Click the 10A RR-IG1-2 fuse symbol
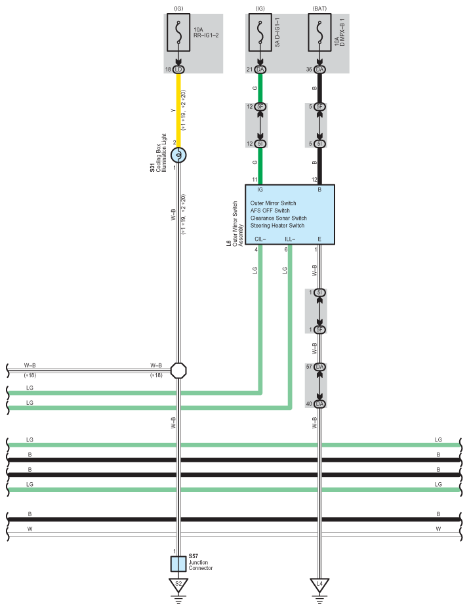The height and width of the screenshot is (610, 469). tap(178, 33)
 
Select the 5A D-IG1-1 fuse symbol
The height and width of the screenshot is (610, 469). tap(260, 33)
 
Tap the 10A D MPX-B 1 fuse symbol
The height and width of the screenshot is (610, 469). tap(319, 33)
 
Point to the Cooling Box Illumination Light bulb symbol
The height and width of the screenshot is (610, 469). tap(179, 155)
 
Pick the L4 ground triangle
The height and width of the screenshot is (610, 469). tap(319, 584)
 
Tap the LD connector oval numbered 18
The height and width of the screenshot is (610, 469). tap(178, 70)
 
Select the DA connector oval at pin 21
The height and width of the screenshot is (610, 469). tap(260, 70)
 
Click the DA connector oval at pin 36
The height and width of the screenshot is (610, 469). tap(319, 70)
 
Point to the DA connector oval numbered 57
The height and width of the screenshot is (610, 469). tap(319, 367)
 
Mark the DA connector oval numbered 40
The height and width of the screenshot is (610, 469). tap(319, 403)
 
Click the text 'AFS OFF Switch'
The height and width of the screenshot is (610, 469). tap(274, 211)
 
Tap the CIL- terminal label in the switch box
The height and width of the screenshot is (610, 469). tap(260, 239)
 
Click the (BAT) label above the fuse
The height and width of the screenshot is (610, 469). tap(319, 9)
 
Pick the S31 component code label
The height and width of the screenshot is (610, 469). tap(152, 169)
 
